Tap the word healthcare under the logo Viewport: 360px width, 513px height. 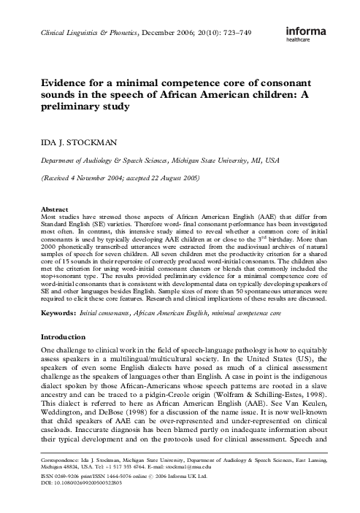(314, 42)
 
